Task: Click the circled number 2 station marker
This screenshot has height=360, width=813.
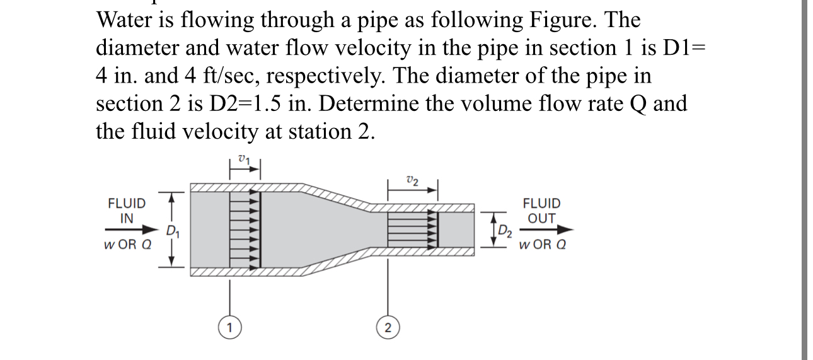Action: tap(388, 327)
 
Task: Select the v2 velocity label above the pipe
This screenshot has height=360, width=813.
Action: tap(412, 180)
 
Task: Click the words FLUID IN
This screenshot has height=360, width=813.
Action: tap(127, 211)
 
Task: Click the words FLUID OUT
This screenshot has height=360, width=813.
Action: tap(541, 211)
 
